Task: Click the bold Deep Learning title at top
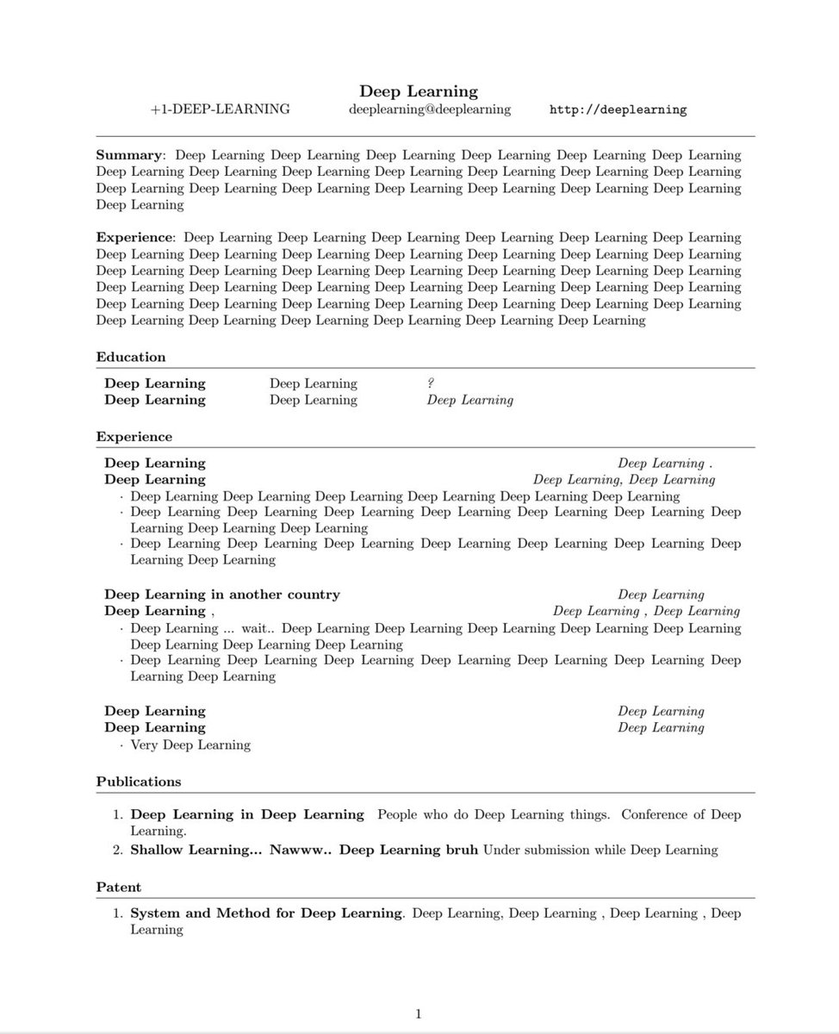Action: click(419, 91)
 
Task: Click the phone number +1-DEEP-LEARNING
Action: click(219, 109)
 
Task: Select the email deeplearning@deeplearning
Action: click(430, 109)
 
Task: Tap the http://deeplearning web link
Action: click(618, 110)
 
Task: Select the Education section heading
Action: click(131, 357)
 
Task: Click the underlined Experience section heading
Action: click(134, 437)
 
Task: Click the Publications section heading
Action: click(139, 782)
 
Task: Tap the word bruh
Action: click(459, 850)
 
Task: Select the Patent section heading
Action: click(119, 887)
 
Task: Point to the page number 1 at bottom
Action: click(419, 1014)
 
